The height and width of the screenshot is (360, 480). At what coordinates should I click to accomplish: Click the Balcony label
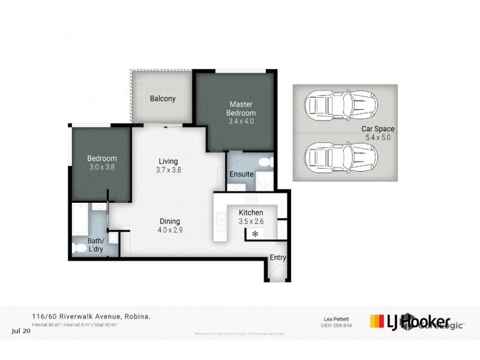click(163, 99)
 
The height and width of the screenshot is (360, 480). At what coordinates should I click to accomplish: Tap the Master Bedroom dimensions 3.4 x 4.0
click(241, 121)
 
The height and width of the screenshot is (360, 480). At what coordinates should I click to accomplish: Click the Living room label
click(168, 161)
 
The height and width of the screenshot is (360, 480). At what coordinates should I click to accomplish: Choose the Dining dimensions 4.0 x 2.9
click(170, 230)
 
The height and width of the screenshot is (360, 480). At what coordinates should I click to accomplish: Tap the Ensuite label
click(241, 175)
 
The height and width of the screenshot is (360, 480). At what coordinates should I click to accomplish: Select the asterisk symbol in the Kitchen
click(255, 234)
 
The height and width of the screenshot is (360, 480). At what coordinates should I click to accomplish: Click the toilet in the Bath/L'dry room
click(79, 248)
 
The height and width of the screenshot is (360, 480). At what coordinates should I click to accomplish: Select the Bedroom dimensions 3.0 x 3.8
click(101, 168)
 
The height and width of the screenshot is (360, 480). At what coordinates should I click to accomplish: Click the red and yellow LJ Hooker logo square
click(376, 321)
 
